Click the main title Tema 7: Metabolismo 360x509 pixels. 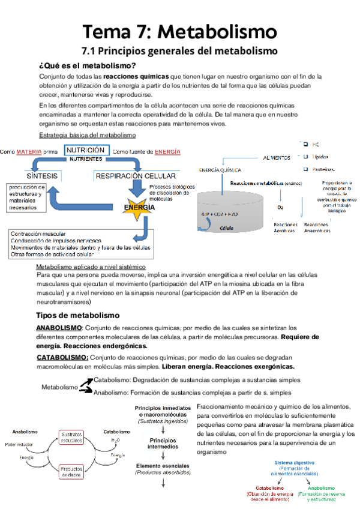(180, 30)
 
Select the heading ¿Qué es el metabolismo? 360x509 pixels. (87, 65)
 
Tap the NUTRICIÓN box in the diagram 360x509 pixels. (86, 150)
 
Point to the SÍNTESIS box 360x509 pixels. (41, 176)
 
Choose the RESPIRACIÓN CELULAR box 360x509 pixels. (136, 176)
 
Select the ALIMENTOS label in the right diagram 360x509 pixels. (279, 157)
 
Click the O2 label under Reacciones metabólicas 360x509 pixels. (280, 207)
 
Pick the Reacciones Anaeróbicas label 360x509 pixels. (316, 227)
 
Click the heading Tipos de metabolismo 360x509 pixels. (78, 315)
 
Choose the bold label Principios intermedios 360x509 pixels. (163, 444)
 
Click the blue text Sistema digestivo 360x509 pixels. (295, 463)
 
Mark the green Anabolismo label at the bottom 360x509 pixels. (320, 488)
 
